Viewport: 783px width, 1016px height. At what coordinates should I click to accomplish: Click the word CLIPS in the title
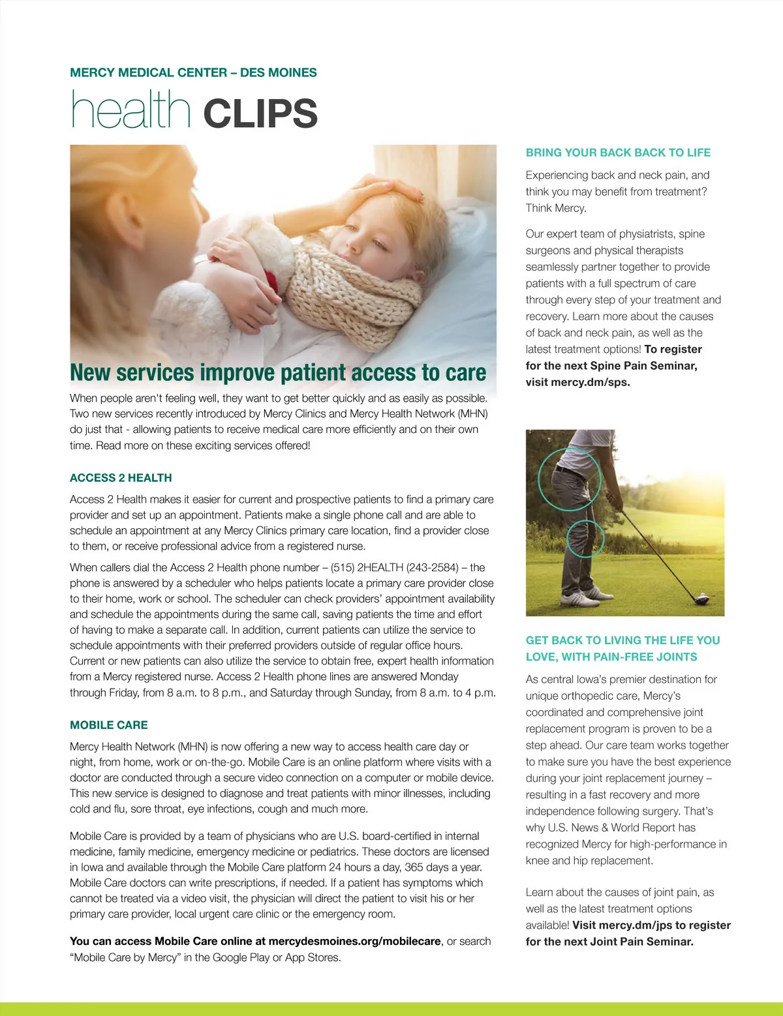(260, 113)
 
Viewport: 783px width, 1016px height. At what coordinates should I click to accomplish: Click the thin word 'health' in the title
(130, 110)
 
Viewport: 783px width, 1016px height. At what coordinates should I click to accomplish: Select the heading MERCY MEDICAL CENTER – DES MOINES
(193, 72)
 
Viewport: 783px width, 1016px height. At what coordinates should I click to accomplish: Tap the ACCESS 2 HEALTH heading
(121, 478)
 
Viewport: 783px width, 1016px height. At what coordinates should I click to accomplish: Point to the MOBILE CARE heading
(109, 725)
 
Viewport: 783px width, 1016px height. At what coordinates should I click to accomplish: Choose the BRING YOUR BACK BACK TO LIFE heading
(618, 153)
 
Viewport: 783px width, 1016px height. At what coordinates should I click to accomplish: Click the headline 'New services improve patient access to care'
(278, 373)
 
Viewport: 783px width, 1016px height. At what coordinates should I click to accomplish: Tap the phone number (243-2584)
(433, 567)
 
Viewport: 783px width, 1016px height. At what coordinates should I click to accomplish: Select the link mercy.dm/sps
(590, 382)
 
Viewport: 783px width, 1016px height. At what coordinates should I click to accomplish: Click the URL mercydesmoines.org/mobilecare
(354, 941)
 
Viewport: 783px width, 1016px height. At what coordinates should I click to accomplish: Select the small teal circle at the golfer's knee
(585, 538)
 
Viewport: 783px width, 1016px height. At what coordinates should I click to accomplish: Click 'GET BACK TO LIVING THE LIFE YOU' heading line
(622, 640)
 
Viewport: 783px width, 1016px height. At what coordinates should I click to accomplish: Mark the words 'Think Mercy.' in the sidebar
(556, 208)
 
